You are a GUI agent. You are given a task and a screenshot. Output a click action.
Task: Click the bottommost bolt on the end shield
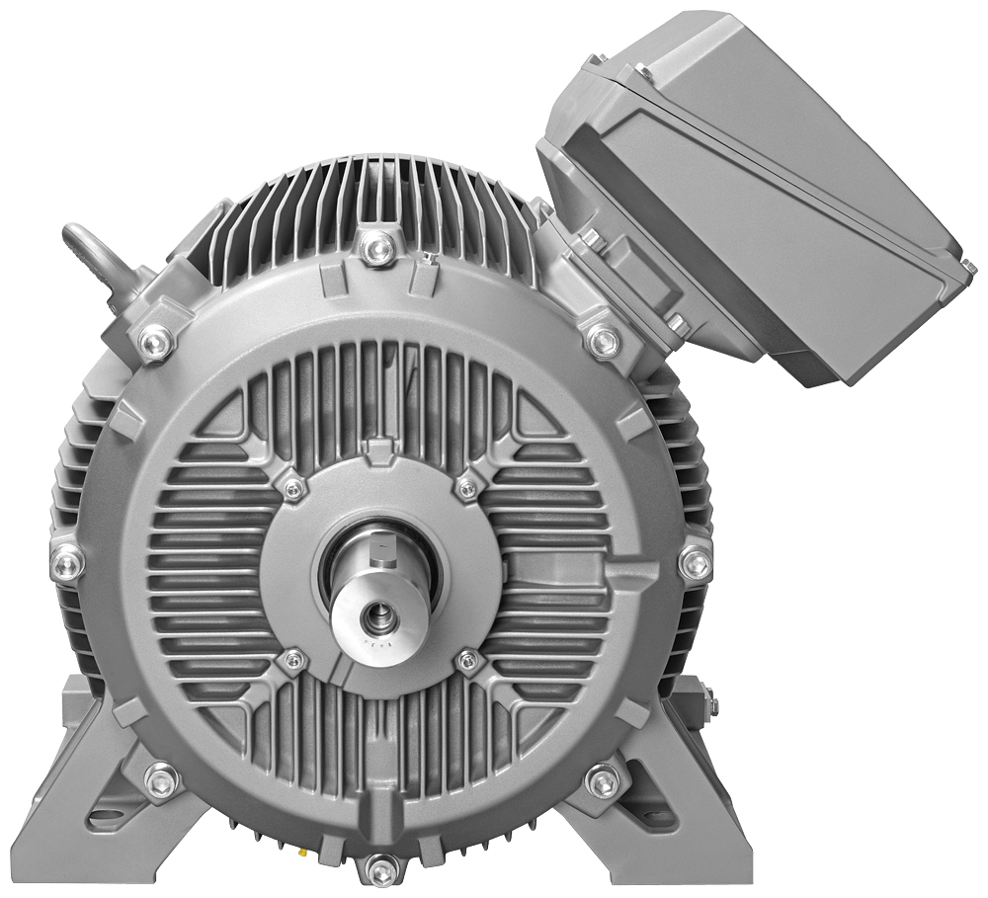(378, 869)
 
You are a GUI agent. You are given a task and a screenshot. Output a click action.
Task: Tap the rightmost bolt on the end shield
(695, 562)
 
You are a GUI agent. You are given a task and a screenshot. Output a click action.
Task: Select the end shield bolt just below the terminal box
(603, 341)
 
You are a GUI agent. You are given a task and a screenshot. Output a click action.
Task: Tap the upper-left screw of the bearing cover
(292, 488)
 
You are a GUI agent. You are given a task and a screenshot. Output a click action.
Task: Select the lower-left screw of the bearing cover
(292, 660)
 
